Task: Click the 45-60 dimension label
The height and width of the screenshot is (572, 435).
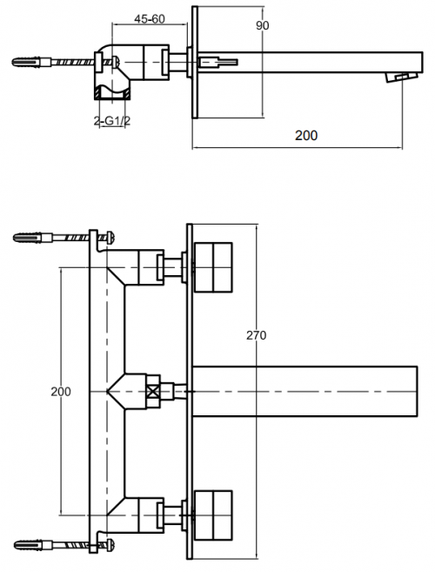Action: click(149, 19)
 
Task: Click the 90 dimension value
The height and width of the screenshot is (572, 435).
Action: click(262, 25)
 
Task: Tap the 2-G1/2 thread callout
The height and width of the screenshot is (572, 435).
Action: click(112, 121)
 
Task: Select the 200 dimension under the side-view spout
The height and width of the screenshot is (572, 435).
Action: click(306, 135)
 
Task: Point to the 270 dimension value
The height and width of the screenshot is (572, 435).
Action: click(256, 335)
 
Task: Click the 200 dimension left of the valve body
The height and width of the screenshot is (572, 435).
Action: click(61, 392)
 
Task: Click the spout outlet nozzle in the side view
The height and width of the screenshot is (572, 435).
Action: click(401, 77)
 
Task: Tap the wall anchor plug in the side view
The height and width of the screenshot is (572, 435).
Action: click(26, 62)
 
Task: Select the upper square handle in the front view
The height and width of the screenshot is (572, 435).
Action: click(213, 267)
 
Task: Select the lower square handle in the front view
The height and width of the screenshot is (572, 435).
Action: click(213, 515)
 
